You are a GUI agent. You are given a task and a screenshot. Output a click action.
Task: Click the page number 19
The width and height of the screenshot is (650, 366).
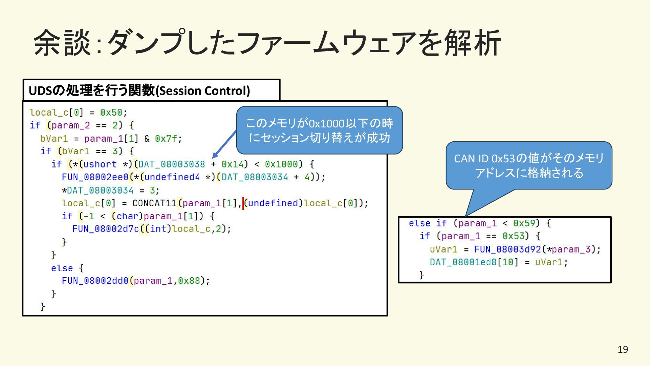(623, 349)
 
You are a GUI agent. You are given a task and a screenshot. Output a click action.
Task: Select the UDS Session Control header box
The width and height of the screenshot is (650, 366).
(151, 90)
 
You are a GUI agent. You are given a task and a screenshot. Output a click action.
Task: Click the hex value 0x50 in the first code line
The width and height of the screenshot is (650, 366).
(111, 113)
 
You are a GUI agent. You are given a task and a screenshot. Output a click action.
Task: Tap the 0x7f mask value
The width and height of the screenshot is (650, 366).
(166, 139)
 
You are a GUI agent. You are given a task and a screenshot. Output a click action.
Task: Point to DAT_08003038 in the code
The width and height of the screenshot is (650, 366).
(172, 164)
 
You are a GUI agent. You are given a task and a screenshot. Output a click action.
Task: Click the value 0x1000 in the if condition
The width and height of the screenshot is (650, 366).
(281, 164)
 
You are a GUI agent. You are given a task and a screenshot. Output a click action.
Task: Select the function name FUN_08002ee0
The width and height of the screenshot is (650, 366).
(95, 177)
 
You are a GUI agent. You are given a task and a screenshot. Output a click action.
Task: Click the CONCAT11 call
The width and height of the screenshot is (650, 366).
(154, 203)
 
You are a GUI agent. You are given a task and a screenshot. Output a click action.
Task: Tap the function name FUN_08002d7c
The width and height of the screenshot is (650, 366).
(106, 229)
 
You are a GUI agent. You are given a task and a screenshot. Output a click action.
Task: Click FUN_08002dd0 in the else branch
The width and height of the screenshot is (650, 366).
(95, 281)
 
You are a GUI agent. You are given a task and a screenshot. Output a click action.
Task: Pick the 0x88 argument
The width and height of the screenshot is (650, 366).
(189, 281)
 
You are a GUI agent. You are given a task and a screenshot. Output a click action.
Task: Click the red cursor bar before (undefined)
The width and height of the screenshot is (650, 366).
(243, 203)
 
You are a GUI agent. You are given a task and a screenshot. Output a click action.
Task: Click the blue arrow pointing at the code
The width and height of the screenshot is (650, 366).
(224, 145)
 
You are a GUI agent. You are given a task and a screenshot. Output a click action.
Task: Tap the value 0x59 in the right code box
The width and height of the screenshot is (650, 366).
(524, 223)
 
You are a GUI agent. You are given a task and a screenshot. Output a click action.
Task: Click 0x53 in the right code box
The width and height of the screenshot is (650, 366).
(513, 236)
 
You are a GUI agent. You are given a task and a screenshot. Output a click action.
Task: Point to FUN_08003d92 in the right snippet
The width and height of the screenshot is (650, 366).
(507, 249)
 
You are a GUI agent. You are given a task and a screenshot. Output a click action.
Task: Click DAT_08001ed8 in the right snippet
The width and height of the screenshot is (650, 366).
(463, 262)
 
